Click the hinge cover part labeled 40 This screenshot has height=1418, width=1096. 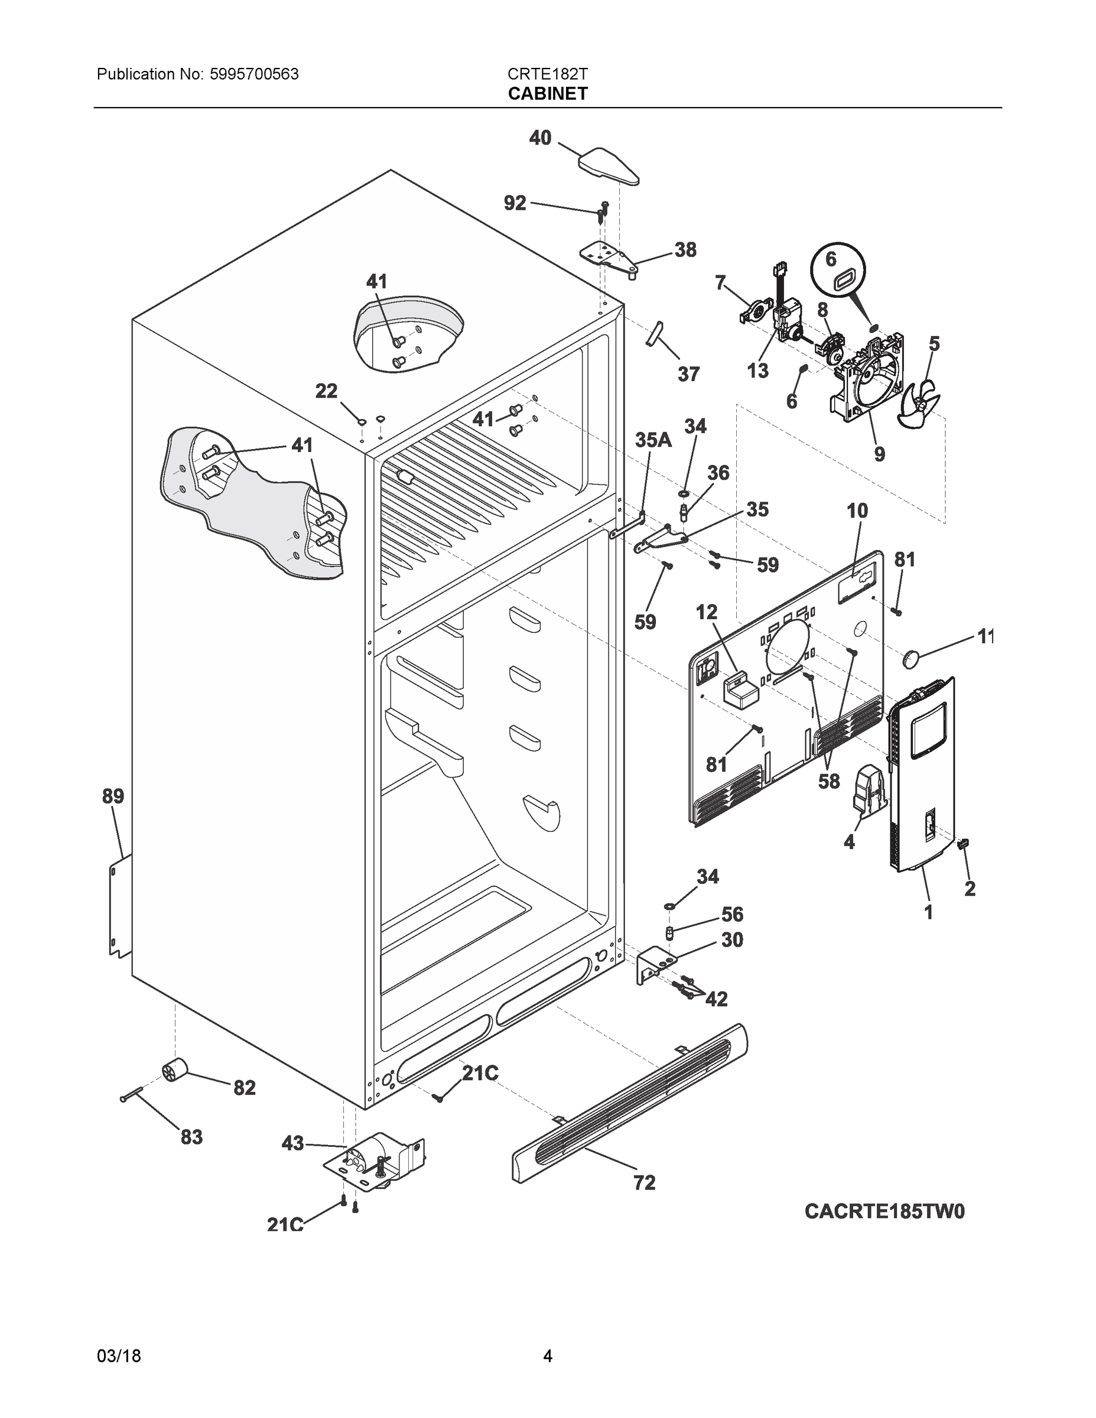click(608, 166)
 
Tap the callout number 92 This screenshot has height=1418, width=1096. click(515, 203)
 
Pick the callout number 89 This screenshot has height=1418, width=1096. click(113, 796)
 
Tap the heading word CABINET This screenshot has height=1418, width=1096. click(547, 93)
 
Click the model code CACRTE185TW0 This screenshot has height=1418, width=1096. click(884, 1212)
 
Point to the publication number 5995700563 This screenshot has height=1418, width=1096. click(254, 74)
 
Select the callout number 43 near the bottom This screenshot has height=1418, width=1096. click(293, 1143)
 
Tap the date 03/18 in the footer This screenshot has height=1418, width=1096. click(119, 1356)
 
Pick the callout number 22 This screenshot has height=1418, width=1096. click(327, 391)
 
